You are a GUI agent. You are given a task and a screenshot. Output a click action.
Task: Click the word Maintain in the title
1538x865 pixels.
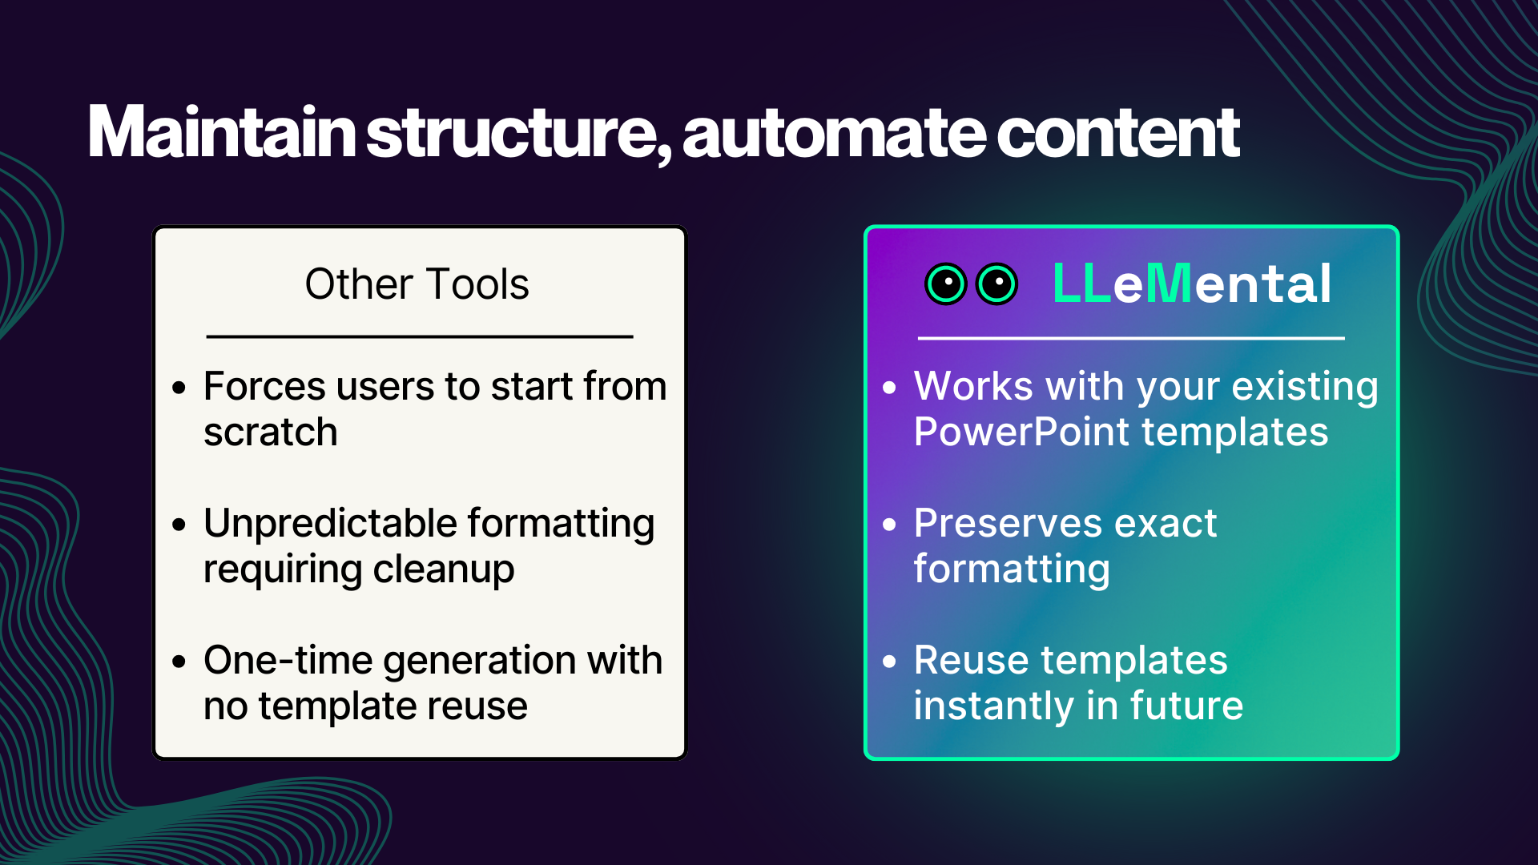221,132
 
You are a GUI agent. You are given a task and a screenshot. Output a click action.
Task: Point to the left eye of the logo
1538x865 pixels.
946,284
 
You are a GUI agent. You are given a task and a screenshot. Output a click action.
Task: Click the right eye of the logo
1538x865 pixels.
997,284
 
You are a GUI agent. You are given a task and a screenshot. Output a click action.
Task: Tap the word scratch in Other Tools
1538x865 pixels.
270,432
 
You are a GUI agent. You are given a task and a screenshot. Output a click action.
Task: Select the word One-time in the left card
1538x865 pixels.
288,661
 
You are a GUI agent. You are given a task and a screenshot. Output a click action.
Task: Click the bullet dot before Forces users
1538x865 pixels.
179,388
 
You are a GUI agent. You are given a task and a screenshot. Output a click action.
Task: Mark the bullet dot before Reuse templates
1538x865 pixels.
889,662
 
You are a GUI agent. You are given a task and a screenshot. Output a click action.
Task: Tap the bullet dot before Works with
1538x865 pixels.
889,388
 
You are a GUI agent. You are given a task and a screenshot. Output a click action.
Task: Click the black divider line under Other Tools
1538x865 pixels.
420,337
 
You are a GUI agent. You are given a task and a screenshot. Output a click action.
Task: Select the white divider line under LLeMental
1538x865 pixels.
1130,339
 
